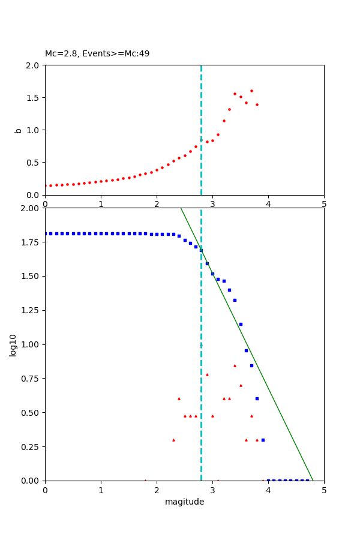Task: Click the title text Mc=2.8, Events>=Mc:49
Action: [x=97, y=54]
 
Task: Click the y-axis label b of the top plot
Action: [x=18, y=130]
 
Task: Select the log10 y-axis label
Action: [x=13, y=344]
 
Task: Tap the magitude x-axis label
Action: [x=184, y=502]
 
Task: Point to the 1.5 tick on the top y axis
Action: [x=34, y=97]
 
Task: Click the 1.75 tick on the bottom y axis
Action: [x=30, y=242]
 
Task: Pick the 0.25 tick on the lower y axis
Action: [x=30, y=447]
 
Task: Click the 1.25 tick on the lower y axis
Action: [x=30, y=311]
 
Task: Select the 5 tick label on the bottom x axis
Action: [x=324, y=490]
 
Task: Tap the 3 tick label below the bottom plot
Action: [x=212, y=490]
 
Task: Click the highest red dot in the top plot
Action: [x=251, y=91]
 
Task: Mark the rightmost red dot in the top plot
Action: [x=257, y=104]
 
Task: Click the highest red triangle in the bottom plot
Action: [x=235, y=365]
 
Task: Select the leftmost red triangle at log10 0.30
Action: [x=173, y=440]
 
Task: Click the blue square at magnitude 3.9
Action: [x=263, y=440]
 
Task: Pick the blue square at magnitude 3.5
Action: [x=241, y=324]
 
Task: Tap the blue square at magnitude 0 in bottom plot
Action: [x=46, y=233]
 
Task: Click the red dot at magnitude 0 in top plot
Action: [x=46, y=186]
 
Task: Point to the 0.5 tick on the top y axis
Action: [x=34, y=163]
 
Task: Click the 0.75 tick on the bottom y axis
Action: [x=30, y=379]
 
